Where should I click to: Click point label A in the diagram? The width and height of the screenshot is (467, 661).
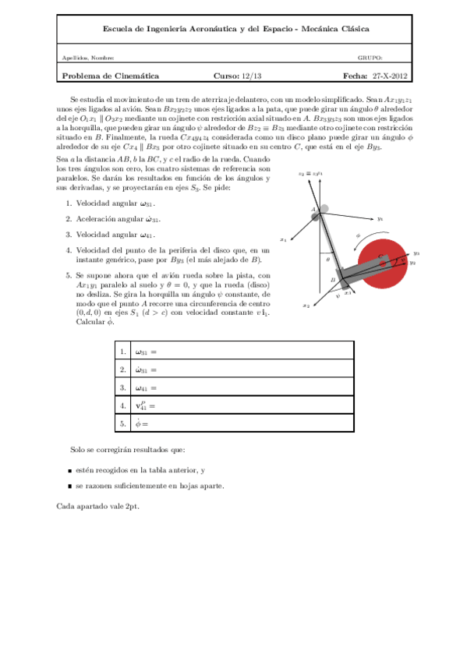(313, 209)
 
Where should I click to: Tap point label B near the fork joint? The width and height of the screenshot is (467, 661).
(333, 278)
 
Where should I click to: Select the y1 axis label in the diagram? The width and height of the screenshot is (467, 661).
(380, 220)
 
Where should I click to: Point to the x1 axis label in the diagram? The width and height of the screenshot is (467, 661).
(283, 239)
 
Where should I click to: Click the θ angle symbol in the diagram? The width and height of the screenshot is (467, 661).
(327, 259)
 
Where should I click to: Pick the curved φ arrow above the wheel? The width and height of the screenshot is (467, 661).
(360, 237)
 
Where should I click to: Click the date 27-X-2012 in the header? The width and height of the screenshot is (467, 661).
(390, 76)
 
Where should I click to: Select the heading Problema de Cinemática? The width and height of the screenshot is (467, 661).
(110, 76)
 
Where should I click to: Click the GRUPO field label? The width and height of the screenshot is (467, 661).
(370, 58)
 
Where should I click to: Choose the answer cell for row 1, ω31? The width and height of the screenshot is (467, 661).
(242, 352)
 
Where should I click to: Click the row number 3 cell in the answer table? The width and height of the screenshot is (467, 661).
(123, 387)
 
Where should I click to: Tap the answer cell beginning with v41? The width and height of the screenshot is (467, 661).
(242, 405)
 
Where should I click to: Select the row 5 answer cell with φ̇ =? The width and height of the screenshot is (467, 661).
(242, 423)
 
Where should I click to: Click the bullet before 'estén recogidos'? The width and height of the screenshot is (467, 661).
(71, 471)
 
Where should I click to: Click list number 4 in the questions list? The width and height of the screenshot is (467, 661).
(69, 250)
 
